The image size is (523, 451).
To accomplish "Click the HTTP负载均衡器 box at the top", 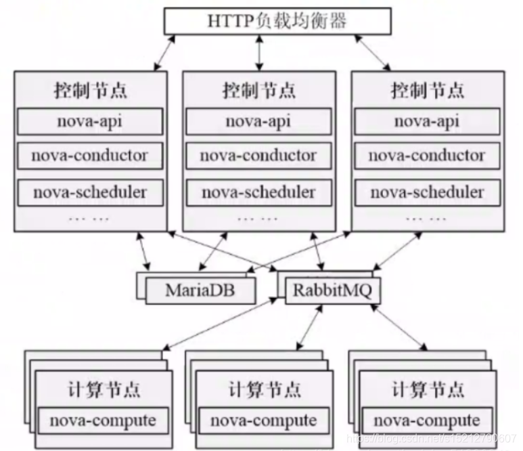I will click(277, 21).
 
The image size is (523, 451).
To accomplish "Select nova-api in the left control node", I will click(89, 122).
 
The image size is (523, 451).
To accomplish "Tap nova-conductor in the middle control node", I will click(258, 156).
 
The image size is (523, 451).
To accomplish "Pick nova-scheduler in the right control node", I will click(428, 192).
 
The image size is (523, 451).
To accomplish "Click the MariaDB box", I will click(200, 291).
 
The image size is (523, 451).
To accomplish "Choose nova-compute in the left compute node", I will click(99, 421).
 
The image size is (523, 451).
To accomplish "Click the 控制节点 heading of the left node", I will click(89, 90).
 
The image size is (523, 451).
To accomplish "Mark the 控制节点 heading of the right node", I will click(428, 90).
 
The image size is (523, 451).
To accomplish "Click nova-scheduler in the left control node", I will click(89, 192).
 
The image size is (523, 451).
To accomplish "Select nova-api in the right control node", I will click(428, 122).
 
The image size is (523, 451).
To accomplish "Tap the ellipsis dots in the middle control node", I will click(258, 219).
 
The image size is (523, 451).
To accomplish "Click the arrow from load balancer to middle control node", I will click(258, 52).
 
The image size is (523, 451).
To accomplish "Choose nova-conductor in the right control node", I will click(428, 156).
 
